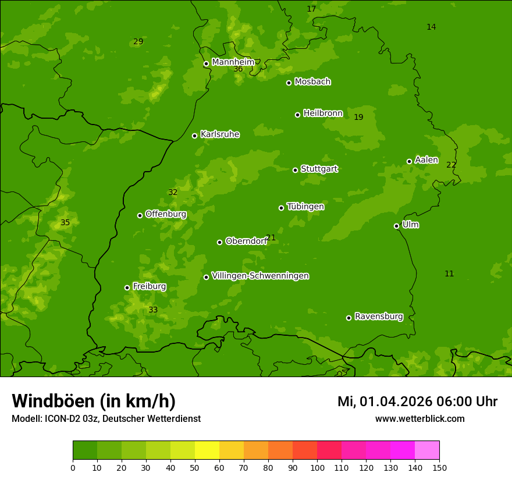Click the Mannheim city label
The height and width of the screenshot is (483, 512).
click(x=233, y=62)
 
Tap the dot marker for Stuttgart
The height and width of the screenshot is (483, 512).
click(x=295, y=170)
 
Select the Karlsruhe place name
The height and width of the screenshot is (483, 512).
click(x=220, y=134)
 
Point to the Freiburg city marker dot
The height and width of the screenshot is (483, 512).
click(x=127, y=287)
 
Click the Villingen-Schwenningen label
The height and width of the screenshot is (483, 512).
click(x=260, y=276)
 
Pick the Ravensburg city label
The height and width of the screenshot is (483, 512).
click(x=379, y=317)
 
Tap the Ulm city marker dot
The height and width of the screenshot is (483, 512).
click(x=396, y=226)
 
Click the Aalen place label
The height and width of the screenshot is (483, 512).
click(x=426, y=160)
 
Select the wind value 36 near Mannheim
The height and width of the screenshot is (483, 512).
click(x=238, y=69)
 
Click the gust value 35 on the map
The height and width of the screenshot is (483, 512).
click(x=65, y=223)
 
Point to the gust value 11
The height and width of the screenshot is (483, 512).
click(x=449, y=274)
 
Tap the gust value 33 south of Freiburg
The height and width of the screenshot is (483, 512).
click(x=153, y=310)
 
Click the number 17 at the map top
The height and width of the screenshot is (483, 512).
click(x=311, y=9)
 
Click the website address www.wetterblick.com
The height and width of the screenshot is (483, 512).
click(x=419, y=419)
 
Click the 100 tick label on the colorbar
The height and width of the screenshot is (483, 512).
click(x=317, y=467)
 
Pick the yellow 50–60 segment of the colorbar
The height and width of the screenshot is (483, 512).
click(x=207, y=450)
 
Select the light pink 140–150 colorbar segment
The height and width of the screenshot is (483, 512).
click(x=427, y=450)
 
